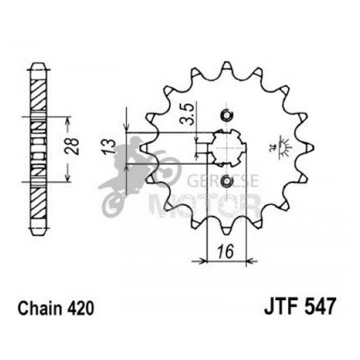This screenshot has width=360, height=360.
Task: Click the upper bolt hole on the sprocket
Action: pyautogui.click(x=226, y=115)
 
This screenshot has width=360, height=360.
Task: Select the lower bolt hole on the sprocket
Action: pyautogui.click(x=226, y=181)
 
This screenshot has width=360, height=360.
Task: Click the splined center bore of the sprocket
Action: pyautogui.click(x=228, y=148)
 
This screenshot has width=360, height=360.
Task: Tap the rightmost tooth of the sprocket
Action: pyautogui.click(x=308, y=148)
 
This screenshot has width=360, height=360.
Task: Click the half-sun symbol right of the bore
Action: pyautogui.click(x=282, y=145)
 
